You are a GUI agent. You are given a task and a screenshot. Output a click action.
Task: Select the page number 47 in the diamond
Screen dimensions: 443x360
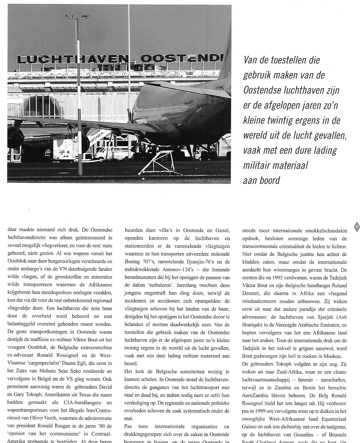(357, 227)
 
